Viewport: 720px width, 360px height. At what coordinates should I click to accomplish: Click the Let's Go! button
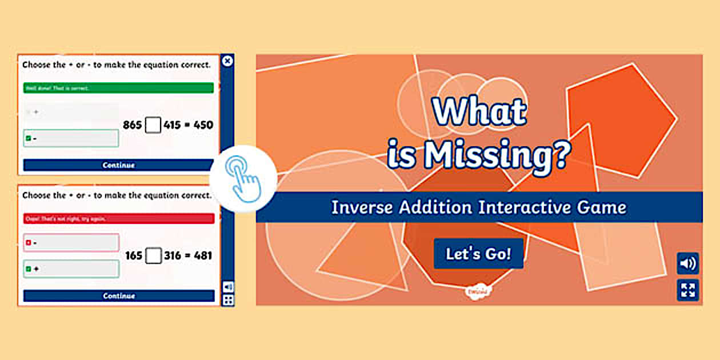478,254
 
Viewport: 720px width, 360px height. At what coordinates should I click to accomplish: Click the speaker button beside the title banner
688,263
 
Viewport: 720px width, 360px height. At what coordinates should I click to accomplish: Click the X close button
227,61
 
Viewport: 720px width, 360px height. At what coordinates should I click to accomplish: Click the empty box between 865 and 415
153,125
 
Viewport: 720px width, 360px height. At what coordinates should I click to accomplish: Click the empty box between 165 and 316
153,255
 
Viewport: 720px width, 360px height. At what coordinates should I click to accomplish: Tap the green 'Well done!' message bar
118,88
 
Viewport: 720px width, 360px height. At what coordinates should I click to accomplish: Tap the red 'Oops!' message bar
119,218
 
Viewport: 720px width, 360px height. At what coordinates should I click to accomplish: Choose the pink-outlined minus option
71,243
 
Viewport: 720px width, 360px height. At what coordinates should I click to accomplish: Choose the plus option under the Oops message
71,269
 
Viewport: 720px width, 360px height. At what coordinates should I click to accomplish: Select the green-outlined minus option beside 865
71,138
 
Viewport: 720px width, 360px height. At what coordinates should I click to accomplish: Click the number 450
203,125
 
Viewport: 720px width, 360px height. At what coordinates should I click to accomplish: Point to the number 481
203,255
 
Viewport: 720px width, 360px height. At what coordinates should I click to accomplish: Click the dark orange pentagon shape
620,120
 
